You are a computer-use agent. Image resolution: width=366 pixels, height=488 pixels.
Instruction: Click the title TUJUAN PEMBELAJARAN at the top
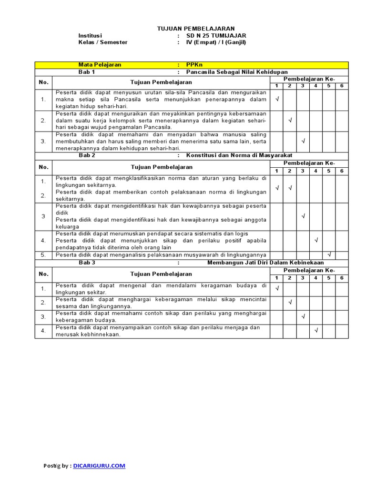196,29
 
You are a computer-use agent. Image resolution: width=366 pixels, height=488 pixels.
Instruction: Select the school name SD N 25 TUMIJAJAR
216,35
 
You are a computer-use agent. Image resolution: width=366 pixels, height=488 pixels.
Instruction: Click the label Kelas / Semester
103,42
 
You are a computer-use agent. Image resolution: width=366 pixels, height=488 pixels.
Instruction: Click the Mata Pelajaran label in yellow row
100,65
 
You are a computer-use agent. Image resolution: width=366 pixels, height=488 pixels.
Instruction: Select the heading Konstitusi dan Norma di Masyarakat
239,155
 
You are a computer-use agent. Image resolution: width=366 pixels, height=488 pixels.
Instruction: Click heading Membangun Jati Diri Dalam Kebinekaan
265,263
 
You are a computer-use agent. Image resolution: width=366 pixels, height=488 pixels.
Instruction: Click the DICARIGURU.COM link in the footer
100,466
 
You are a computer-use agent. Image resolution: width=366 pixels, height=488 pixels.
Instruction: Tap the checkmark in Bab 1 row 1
276,100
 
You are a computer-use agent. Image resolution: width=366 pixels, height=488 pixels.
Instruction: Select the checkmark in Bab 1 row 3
303,141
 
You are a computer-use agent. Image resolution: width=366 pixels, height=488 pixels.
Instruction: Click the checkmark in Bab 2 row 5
329,255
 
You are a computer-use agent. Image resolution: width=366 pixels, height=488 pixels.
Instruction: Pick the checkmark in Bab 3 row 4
315,330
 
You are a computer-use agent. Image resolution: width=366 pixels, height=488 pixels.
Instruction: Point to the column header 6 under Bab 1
342,85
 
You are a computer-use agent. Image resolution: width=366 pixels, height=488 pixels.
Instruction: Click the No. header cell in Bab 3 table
43,274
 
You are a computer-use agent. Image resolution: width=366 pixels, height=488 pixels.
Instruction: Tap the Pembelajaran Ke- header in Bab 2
309,163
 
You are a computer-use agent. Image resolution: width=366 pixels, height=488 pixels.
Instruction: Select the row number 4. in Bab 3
43,331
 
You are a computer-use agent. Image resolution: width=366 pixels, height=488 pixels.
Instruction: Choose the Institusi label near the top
90,35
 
